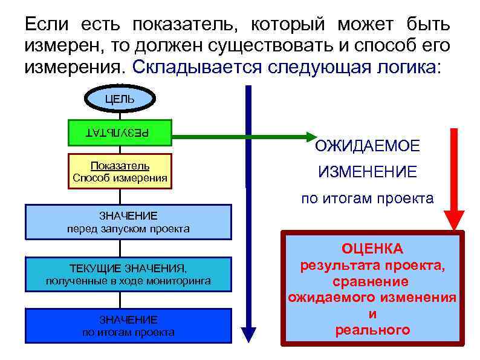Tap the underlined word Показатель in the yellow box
coord(120,166)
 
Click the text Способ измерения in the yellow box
coord(120,177)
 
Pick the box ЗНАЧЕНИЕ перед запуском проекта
coord(128,222)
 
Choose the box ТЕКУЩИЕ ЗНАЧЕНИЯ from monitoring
coord(128,274)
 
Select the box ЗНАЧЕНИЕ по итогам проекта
coord(128,326)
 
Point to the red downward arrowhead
coord(454,220)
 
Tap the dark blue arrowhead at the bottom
coord(248,335)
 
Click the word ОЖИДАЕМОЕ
coord(368,146)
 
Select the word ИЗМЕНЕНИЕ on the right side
coord(368,172)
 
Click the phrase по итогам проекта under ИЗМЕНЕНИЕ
coord(368,198)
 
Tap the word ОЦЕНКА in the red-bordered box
coord(372,249)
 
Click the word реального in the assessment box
coord(372,330)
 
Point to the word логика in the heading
coord(404,67)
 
